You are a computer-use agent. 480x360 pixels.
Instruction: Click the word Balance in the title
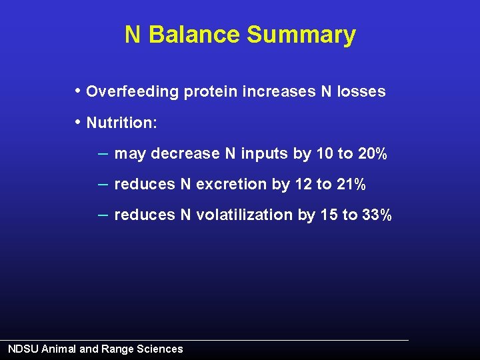point(194,35)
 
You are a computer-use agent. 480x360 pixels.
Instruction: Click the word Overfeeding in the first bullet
point(133,92)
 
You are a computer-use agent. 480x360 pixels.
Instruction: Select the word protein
point(209,92)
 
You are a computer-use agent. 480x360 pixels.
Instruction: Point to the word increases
point(277,92)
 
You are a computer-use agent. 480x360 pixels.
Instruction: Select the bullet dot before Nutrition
point(79,122)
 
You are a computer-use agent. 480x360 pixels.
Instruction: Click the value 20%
point(373,154)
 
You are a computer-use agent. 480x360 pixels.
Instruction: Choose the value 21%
point(351,185)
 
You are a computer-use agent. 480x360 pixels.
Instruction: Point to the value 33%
point(377,215)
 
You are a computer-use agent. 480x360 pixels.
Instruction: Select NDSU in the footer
point(23,349)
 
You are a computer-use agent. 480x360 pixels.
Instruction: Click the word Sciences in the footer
point(159,349)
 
